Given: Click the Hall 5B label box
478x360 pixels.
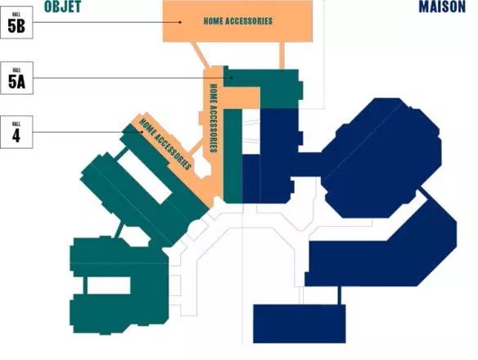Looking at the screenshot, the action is (16, 22).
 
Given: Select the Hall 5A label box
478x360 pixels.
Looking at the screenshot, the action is (16, 78).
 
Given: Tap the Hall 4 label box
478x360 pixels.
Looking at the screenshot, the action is (16, 132).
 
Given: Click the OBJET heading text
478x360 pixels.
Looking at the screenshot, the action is (62, 7).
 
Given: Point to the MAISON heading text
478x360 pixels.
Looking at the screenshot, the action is (442, 7).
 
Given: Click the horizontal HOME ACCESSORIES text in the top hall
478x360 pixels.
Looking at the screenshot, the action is (238, 21).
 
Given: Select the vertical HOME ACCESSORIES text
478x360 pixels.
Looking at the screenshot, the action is (214, 119).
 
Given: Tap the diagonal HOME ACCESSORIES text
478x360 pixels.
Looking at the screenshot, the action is (165, 144).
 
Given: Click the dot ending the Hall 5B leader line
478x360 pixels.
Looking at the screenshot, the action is (180, 22).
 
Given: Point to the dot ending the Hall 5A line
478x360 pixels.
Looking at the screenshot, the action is (232, 78).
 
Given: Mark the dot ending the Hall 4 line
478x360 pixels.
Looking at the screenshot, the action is (142, 132).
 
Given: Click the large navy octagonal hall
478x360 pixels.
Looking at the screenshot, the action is (381, 158).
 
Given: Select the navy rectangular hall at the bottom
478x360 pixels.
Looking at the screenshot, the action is (300, 324).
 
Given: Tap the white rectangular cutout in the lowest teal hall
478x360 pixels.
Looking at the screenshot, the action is (109, 286).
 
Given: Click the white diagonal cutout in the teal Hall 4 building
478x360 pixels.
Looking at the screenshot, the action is (144, 177).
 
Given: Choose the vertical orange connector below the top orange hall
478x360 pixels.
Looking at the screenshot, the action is (282, 56).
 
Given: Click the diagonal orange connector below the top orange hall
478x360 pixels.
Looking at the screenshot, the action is (200, 55).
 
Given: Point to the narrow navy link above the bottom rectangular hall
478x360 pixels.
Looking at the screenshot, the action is (340, 295).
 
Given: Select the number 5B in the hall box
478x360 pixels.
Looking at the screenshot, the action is (16, 25).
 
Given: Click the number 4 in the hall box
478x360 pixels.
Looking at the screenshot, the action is (16, 135).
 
